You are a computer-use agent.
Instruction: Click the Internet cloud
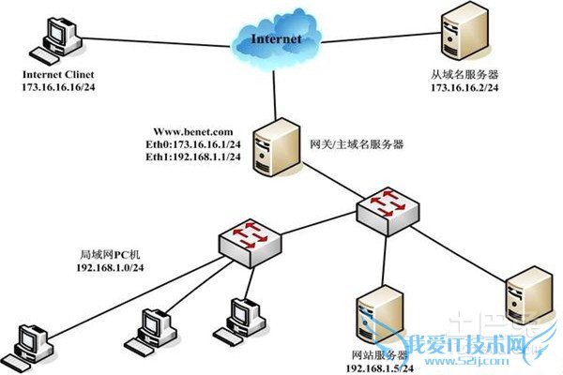[276, 39]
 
